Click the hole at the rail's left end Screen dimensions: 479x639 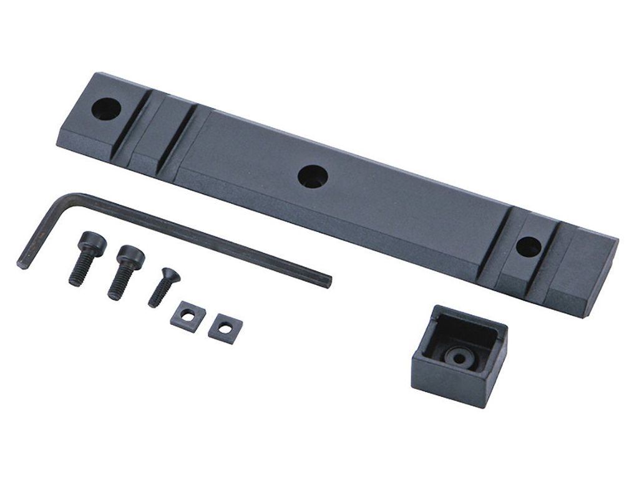tap(105, 109)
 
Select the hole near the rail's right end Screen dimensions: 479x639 tap(529, 247)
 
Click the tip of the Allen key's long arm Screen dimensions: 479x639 tap(327, 281)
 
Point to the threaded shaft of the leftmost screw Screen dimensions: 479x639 tap(79, 269)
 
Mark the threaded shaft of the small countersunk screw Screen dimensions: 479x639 tap(157, 294)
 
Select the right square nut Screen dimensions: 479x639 tap(225, 327)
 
